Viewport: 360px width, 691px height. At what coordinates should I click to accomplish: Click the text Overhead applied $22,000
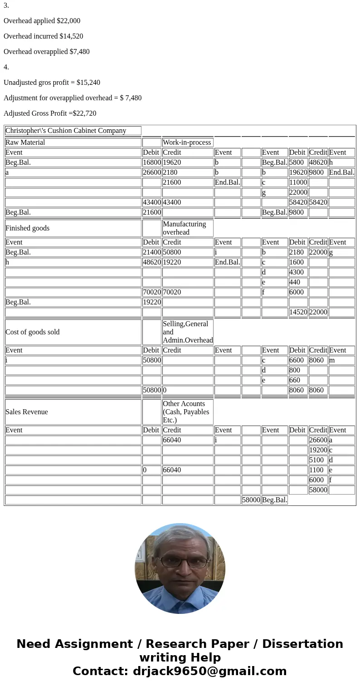(x=42, y=21)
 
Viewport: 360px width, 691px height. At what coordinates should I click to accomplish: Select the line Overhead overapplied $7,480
(x=46, y=52)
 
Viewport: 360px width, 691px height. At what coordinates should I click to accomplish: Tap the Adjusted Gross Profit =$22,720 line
(x=50, y=113)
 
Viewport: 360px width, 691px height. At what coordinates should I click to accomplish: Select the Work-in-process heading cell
(x=187, y=142)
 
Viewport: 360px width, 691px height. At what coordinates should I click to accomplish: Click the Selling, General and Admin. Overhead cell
(x=187, y=332)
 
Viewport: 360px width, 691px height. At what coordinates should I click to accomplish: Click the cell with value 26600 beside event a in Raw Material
(x=151, y=172)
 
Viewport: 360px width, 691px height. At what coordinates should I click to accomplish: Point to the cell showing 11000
(x=298, y=182)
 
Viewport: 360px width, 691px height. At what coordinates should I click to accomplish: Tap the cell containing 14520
(x=298, y=312)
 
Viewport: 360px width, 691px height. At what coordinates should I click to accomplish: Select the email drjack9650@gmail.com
(x=209, y=671)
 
